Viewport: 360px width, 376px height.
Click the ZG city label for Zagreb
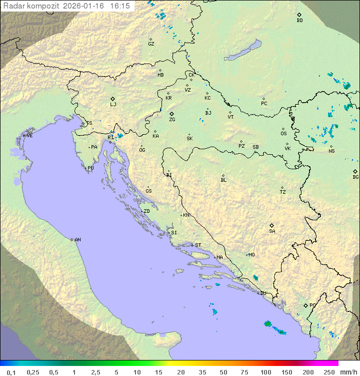pyautogui.click(x=172, y=120)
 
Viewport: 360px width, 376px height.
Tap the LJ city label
pyautogui.click(x=113, y=105)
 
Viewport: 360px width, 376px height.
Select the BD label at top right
pyautogui.click(x=299, y=21)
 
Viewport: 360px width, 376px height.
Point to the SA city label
pyautogui.click(x=272, y=231)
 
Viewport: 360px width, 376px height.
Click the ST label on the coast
pyautogui.click(x=198, y=245)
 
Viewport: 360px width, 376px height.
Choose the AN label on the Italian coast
pyautogui.click(x=77, y=240)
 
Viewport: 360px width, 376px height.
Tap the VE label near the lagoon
pyautogui.click(x=29, y=136)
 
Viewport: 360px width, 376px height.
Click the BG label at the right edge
pyautogui.click(x=355, y=177)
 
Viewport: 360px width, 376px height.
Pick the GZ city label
pyautogui.click(x=151, y=44)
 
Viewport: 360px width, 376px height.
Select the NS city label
pyautogui.click(x=331, y=151)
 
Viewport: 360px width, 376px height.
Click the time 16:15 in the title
pyautogui.click(x=120, y=6)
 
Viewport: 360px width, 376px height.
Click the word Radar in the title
pyautogui.click(x=13, y=6)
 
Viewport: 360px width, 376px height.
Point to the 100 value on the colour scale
pyautogui.click(x=265, y=372)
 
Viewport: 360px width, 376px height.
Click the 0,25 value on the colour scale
pyautogui.click(x=33, y=372)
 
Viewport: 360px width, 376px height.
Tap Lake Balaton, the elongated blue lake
pyautogui.click(x=243, y=51)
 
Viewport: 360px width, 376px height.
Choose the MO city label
pyautogui.click(x=251, y=255)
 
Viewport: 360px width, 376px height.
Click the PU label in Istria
pyautogui.click(x=90, y=168)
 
